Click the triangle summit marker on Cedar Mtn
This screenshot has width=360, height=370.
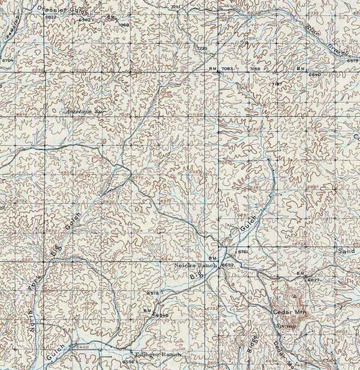295,296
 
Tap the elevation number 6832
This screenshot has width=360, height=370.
51,17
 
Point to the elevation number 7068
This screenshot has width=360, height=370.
123,24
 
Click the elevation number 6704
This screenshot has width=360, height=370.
8,60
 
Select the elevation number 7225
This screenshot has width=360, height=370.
202,48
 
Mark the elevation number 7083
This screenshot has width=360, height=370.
227,68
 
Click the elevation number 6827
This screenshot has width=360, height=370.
314,280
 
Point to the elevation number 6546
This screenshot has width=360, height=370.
162,315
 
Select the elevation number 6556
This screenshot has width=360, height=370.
128,362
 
